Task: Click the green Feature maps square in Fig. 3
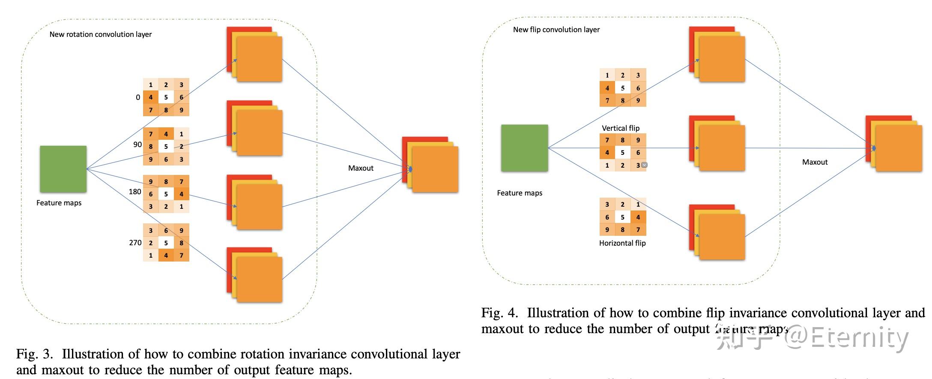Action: pos(63,169)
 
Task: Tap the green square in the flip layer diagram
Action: pos(524,148)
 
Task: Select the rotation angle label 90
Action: pos(137,144)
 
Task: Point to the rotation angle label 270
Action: pos(135,243)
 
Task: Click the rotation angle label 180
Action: pos(135,192)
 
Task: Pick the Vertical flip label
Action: pos(620,128)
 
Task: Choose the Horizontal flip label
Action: pos(622,243)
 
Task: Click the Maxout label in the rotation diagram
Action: pos(361,168)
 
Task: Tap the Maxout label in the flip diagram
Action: pos(815,162)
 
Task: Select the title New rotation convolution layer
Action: pos(101,34)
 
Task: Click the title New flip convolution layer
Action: pos(556,30)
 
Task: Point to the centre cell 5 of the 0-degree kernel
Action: pos(166,97)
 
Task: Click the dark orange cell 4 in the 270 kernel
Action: pos(166,256)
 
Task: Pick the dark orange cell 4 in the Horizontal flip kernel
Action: pos(638,217)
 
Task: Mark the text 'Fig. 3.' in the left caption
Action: pos(34,354)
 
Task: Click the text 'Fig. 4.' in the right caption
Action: pos(499,313)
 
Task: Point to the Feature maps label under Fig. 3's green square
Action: pos(59,203)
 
